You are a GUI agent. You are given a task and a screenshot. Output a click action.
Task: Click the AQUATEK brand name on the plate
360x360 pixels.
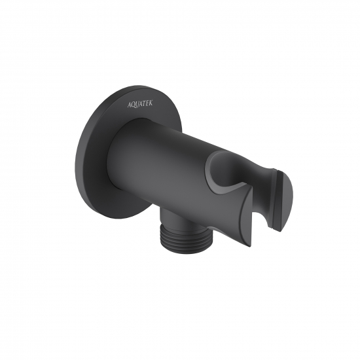pyautogui.click(x=140, y=104)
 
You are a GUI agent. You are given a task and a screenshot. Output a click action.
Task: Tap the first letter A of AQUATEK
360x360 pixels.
pyautogui.click(x=129, y=105)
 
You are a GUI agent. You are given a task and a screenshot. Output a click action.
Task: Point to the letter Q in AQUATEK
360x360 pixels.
pyautogui.click(x=133, y=105)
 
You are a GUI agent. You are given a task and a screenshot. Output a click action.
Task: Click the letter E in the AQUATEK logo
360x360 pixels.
pyautogui.click(x=147, y=103)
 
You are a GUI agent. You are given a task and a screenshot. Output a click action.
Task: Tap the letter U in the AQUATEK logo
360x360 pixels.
pyautogui.click(x=137, y=105)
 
